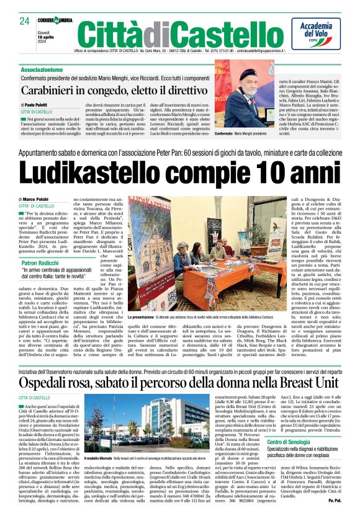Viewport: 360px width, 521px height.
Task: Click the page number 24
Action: [25, 21]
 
